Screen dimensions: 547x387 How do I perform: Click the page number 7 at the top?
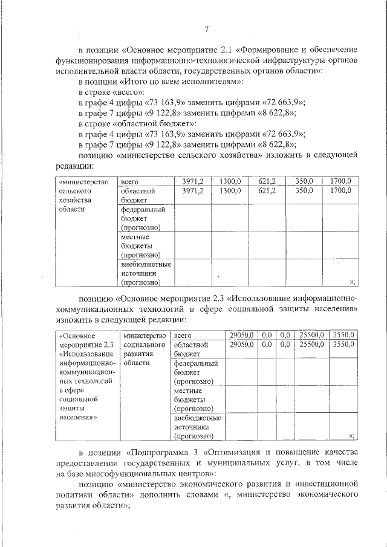tap(206, 29)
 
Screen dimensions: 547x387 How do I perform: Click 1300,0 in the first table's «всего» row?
tap(230, 181)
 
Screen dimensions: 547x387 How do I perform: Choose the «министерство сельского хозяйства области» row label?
tap(82, 195)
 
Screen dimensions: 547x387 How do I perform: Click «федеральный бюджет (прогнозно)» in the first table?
tap(144, 218)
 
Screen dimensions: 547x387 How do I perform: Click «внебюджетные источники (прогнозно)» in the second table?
tap(197, 426)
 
